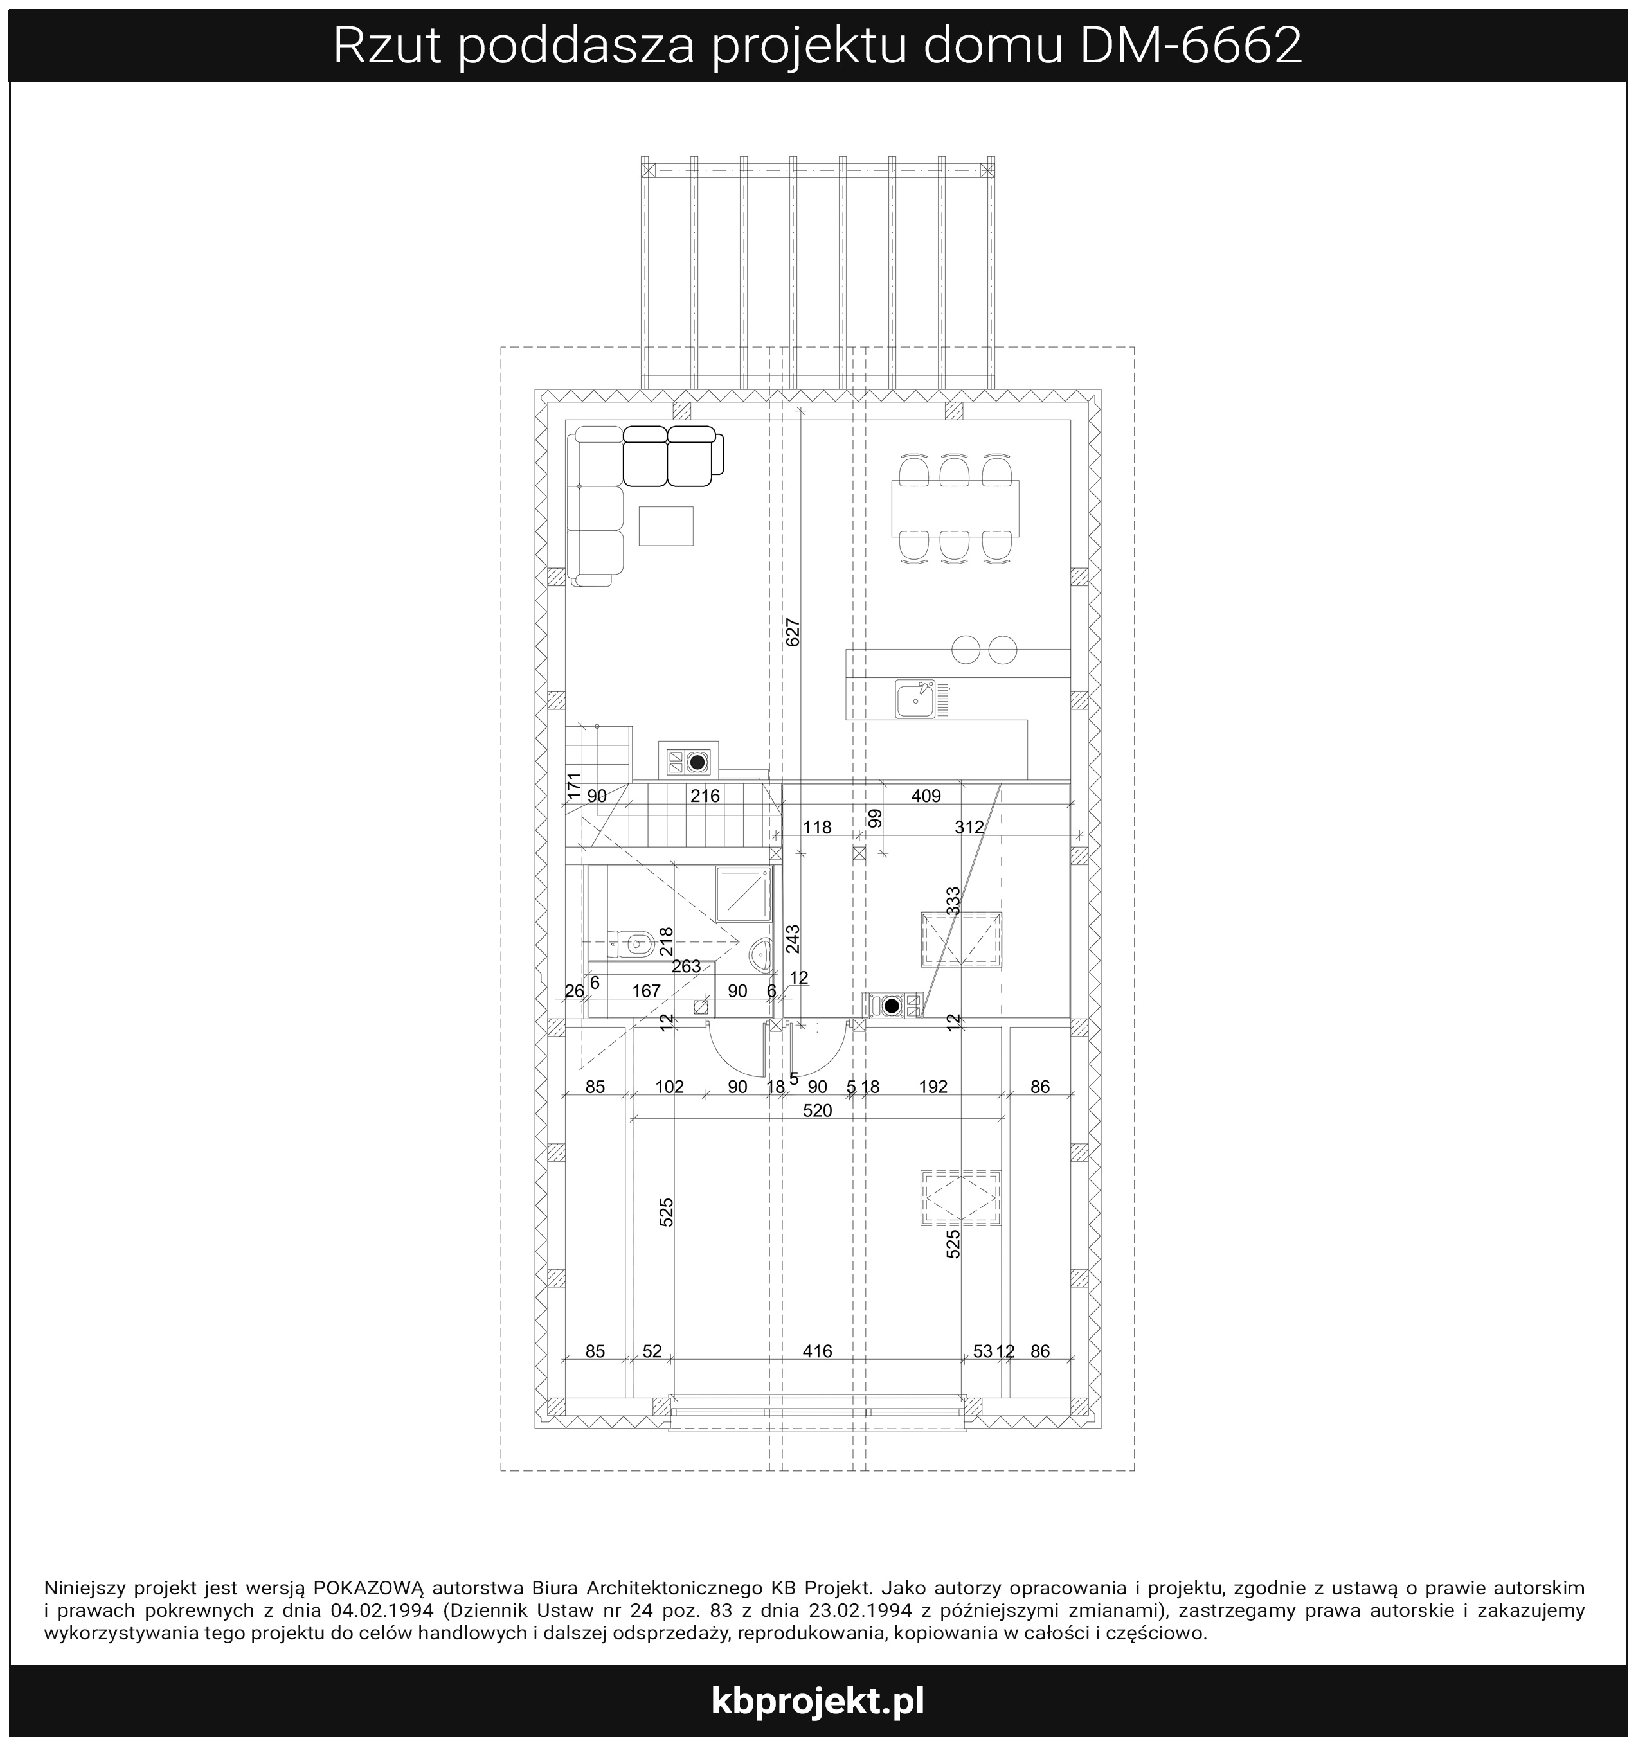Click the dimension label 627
point(793,632)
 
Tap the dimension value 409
point(926,796)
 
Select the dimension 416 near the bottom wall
point(817,1351)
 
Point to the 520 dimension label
point(817,1110)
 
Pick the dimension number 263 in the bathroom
point(686,966)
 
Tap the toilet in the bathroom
point(631,944)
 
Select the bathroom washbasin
point(762,953)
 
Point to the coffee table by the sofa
point(666,525)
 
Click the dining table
point(955,508)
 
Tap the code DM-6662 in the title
point(1190,46)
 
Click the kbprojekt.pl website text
point(817,1702)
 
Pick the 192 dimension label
point(933,1087)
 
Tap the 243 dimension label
point(793,938)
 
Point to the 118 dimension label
point(817,826)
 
